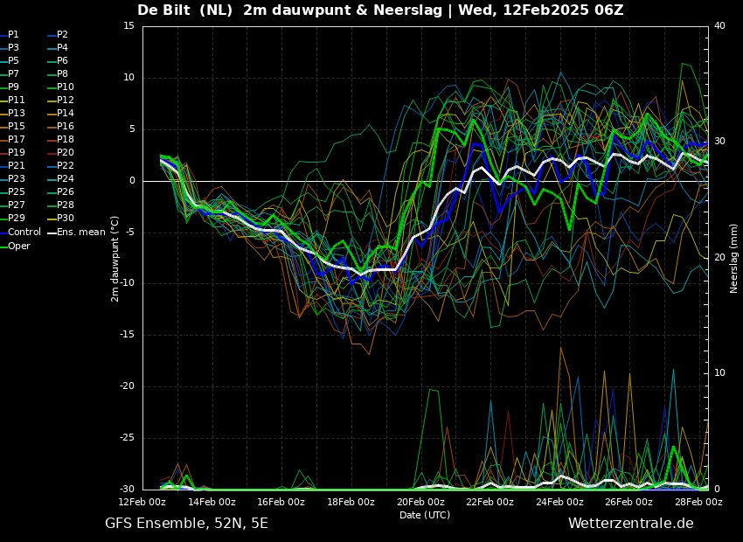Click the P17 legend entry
point(12,139)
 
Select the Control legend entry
point(20,233)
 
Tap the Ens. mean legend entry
point(77,233)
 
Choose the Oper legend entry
point(15,246)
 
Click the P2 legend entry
point(59,35)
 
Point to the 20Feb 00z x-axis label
point(420,502)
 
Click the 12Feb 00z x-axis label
point(142,502)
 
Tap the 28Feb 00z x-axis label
point(698,502)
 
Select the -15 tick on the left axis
point(128,335)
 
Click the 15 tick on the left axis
point(129,26)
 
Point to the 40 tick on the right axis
point(719,26)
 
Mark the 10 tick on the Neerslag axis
point(719,373)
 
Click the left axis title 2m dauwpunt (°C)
point(115,259)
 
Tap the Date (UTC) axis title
point(425,515)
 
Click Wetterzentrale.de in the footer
point(631,524)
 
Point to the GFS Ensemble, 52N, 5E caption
point(186,524)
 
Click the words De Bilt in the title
point(163,10)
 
